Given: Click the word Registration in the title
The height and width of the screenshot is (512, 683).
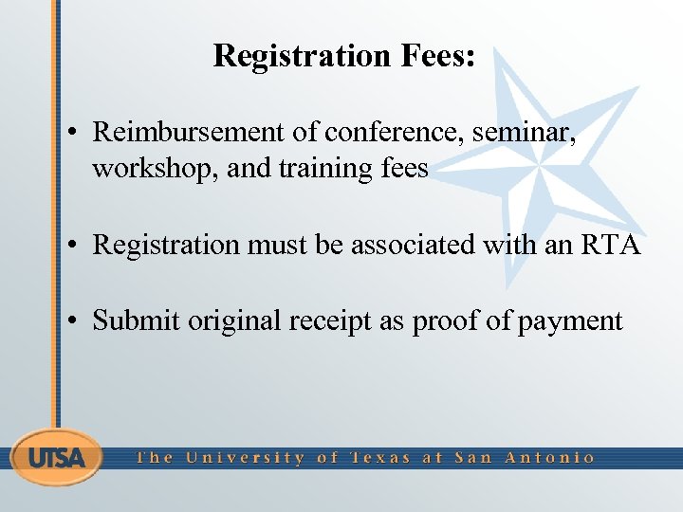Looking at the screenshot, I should tap(292, 56).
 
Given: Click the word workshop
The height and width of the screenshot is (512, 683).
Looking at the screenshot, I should tap(154, 169).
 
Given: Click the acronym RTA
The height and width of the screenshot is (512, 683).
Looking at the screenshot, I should tap(609, 245).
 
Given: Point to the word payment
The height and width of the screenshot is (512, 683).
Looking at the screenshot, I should tap(570, 320).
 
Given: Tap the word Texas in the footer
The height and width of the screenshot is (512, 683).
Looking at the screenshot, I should tap(381, 458).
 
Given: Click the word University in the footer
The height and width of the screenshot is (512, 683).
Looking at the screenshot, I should tap(245, 458).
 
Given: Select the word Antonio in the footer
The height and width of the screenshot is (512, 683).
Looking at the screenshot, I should tap(550, 458).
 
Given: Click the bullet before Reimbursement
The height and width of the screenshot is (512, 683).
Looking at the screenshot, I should tap(74, 133).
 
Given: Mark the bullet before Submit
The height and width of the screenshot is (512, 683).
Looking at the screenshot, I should tap(74, 321).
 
